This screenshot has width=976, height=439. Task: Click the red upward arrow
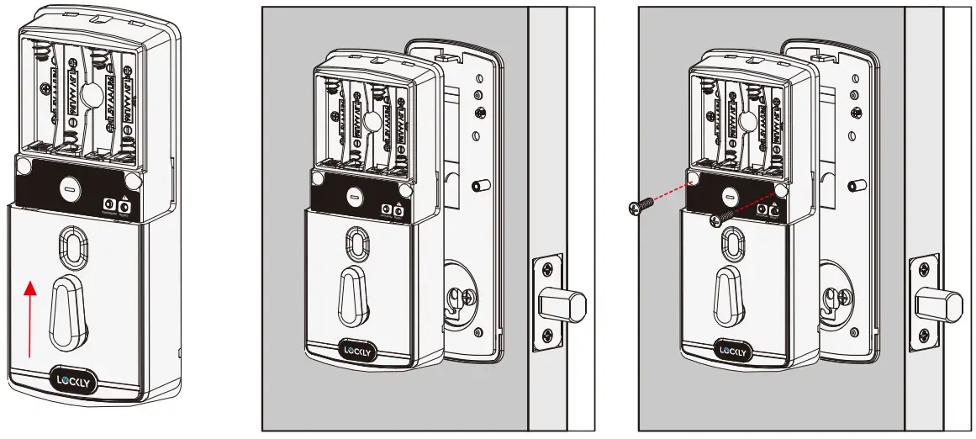(30, 320)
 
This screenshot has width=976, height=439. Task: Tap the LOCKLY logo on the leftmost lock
(74, 381)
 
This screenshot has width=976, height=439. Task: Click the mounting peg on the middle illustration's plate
(482, 185)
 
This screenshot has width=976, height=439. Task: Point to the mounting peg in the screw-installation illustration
(857, 185)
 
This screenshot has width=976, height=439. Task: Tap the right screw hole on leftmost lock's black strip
(131, 181)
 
